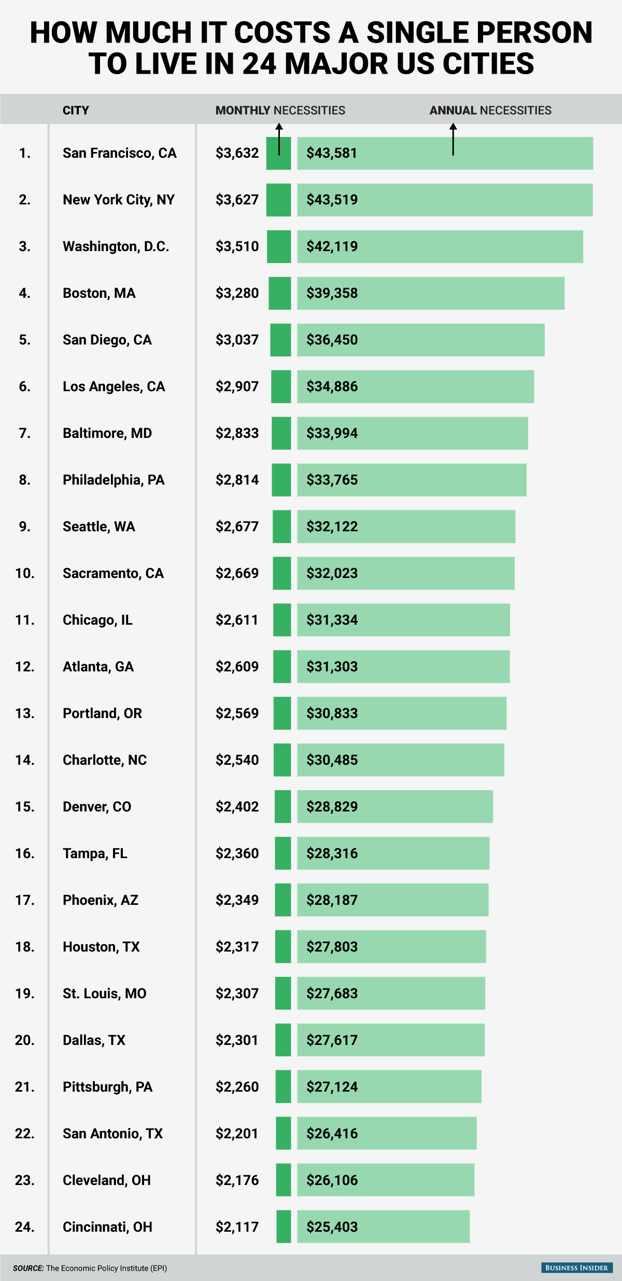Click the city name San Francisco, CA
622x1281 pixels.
pos(119,153)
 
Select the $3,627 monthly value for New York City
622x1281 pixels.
pos(237,200)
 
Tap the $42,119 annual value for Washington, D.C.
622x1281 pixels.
pos(332,246)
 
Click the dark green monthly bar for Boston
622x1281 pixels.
pos(280,293)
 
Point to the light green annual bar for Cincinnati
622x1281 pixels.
pos(384,1227)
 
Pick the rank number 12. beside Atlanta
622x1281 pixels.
pos(25,667)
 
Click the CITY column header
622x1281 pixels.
pos(76,110)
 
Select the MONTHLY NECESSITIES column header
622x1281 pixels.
pos(280,110)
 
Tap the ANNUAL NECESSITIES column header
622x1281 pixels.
pos(490,110)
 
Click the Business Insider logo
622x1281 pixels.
pos(576,1268)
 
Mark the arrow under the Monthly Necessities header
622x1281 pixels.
pos(279,139)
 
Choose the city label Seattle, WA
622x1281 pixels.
pos(98,527)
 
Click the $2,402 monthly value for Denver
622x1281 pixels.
pos(237,807)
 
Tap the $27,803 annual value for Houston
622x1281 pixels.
pos(332,947)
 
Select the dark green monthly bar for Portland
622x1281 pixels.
pos(282,713)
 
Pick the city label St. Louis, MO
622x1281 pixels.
pos(104,994)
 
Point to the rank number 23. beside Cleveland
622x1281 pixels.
pos(25,1180)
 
